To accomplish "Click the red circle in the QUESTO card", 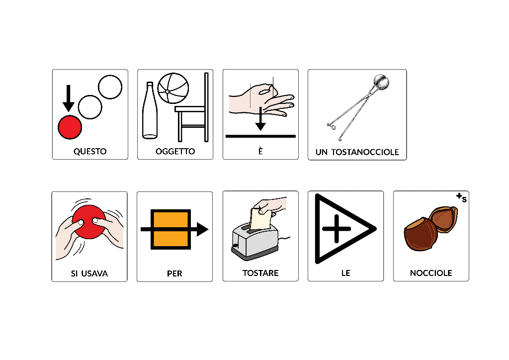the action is click(x=70, y=127).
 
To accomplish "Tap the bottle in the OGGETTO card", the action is click(x=150, y=110).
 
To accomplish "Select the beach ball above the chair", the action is click(x=173, y=89).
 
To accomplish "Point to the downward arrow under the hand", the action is click(x=260, y=119).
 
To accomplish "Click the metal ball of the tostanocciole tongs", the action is click(x=381, y=82).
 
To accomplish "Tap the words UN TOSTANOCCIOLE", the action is click(x=357, y=152).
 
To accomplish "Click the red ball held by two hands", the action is click(x=89, y=222).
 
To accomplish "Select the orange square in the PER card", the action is click(x=171, y=229).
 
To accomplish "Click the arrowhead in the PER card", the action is click(x=202, y=229).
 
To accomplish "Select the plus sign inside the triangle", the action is click(x=337, y=229).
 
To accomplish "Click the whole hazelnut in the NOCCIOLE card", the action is click(x=421, y=234).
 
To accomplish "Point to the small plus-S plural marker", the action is click(x=461, y=197).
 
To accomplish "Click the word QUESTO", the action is click(x=90, y=152).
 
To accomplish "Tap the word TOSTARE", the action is click(x=260, y=273).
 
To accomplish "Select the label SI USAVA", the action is click(x=89, y=273).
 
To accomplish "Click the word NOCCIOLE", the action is click(x=431, y=273).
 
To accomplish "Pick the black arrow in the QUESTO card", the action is click(x=68, y=98).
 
